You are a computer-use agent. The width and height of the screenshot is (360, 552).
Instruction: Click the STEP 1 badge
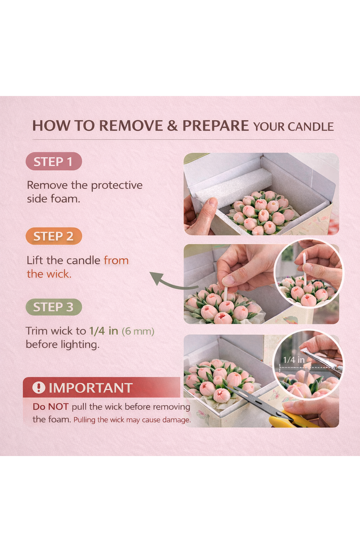click(x=54, y=162)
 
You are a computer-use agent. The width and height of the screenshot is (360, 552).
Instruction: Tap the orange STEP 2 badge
click(x=54, y=236)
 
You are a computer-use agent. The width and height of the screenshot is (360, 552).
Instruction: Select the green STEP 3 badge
click(x=54, y=307)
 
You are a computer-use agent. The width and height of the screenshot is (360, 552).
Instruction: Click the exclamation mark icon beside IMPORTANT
click(x=39, y=388)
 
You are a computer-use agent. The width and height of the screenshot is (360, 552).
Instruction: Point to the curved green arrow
click(x=173, y=283)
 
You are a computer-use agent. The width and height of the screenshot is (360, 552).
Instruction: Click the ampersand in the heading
click(x=172, y=126)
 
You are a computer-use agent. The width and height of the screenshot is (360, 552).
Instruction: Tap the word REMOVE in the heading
click(x=131, y=126)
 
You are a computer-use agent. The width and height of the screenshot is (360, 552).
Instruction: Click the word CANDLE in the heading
click(x=310, y=127)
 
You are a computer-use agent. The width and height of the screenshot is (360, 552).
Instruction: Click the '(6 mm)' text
click(x=138, y=331)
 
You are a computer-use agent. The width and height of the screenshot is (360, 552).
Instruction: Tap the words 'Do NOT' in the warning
click(x=51, y=407)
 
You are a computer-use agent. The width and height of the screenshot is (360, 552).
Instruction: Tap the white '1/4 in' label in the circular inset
click(x=294, y=360)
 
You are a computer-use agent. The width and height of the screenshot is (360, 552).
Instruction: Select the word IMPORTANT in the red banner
click(x=90, y=388)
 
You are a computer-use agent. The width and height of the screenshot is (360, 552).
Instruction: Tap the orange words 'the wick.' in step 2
click(x=49, y=274)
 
